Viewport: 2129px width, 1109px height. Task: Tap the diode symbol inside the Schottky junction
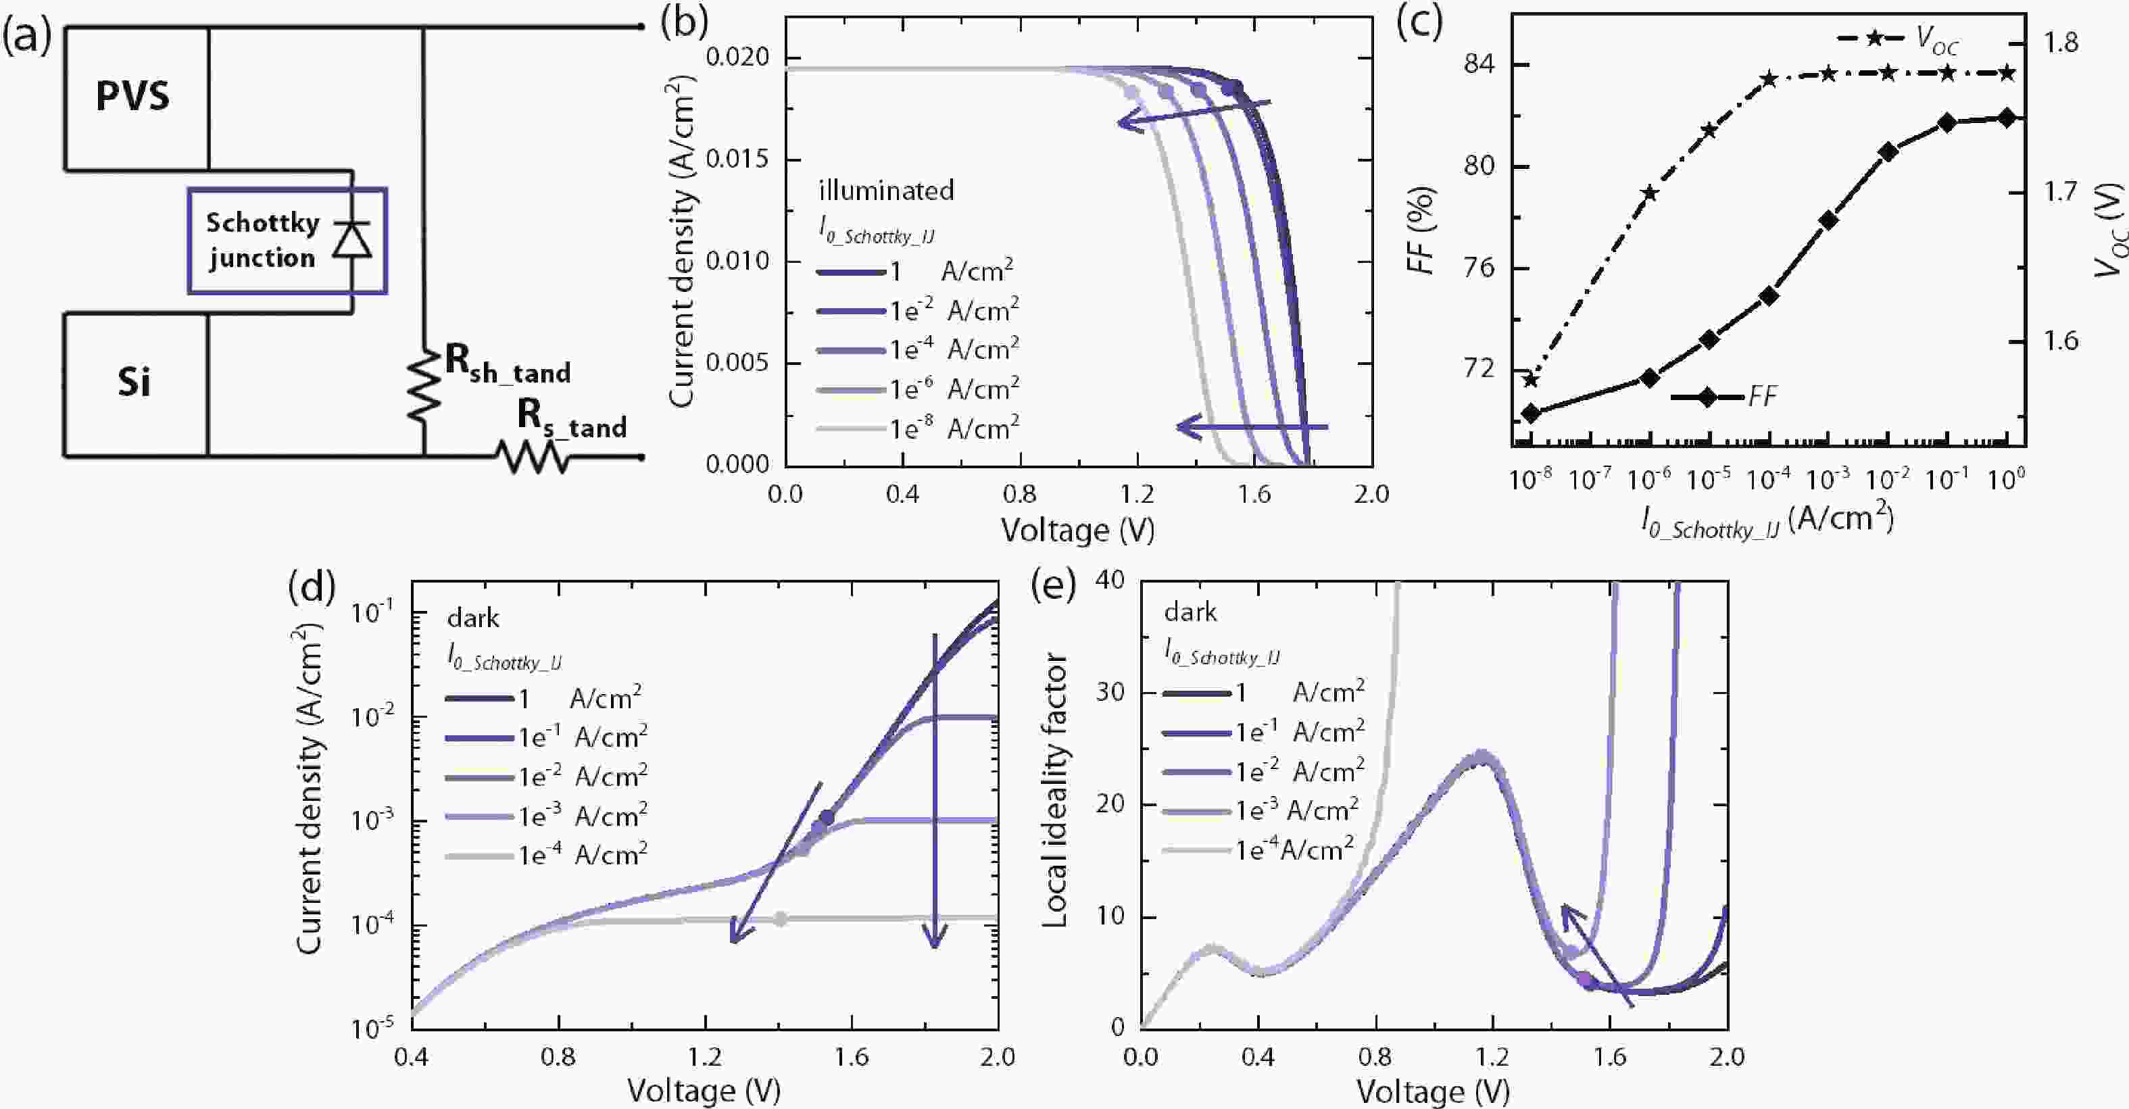pos(352,240)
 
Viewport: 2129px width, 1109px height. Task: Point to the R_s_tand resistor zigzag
pos(531,456)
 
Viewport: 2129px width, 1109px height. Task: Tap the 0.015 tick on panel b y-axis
pos(737,159)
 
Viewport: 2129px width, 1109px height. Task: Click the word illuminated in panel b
pos(885,191)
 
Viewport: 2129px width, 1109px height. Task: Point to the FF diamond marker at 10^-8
pos(1531,413)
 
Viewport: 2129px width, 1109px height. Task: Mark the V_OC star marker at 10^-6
pos(1650,193)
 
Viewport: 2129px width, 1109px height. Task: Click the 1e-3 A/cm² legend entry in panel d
pos(545,816)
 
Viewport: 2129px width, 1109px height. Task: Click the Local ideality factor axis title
pos(1056,790)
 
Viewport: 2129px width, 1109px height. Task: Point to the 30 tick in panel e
pos(1109,691)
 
